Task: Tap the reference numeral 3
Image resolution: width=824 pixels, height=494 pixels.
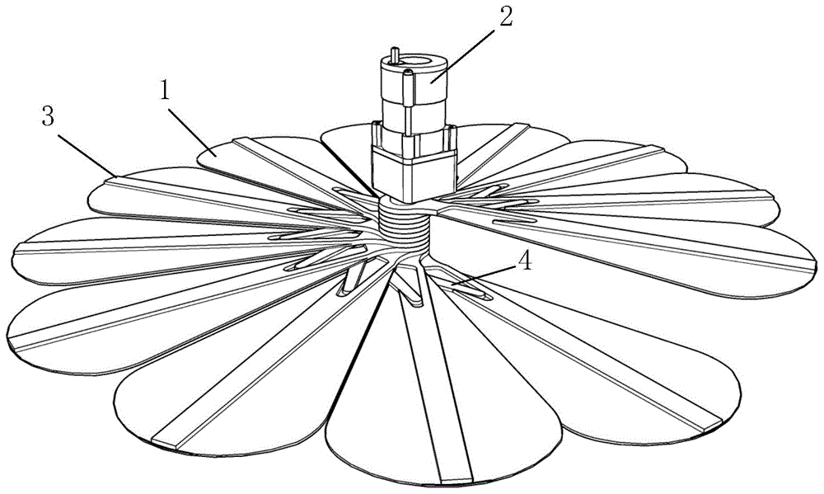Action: tap(49, 116)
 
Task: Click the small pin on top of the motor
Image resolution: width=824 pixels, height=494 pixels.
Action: tap(395, 57)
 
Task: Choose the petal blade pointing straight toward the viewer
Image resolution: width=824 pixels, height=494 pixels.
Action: tap(428, 412)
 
